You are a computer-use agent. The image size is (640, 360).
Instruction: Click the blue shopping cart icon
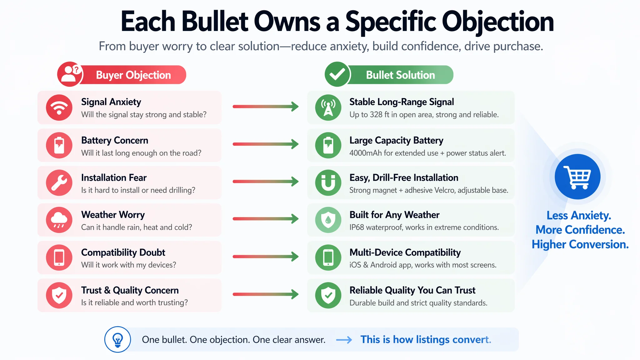[x=577, y=177]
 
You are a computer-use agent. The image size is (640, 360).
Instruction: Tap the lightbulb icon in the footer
[x=117, y=340]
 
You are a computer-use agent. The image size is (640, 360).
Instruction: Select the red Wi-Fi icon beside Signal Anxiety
[x=59, y=107]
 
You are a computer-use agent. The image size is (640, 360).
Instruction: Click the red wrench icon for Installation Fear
[x=59, y=183]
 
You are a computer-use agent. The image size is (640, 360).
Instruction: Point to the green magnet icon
[x=328, y=183]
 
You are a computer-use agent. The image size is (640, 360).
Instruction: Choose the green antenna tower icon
[x=328, y=107]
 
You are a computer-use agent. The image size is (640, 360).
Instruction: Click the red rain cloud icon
[x=59, y=220]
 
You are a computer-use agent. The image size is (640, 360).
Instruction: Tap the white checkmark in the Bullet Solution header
[x=337, y=74]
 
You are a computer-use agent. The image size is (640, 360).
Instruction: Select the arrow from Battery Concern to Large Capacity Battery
[x=266, y=144]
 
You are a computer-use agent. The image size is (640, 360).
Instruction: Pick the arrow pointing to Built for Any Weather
[x=266, y=219]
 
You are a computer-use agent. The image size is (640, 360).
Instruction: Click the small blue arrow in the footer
[x=344, y=340]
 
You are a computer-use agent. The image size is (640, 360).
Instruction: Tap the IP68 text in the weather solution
[x=357, y=227]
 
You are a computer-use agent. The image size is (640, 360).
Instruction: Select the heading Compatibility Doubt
[x=123, y=252]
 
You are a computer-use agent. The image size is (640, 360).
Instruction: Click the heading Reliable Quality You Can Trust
[x=412, y=290]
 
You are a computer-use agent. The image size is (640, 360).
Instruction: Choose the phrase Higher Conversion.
[x=580, y=244]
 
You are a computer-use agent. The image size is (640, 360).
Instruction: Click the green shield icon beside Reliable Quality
[x=328, y=295]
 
